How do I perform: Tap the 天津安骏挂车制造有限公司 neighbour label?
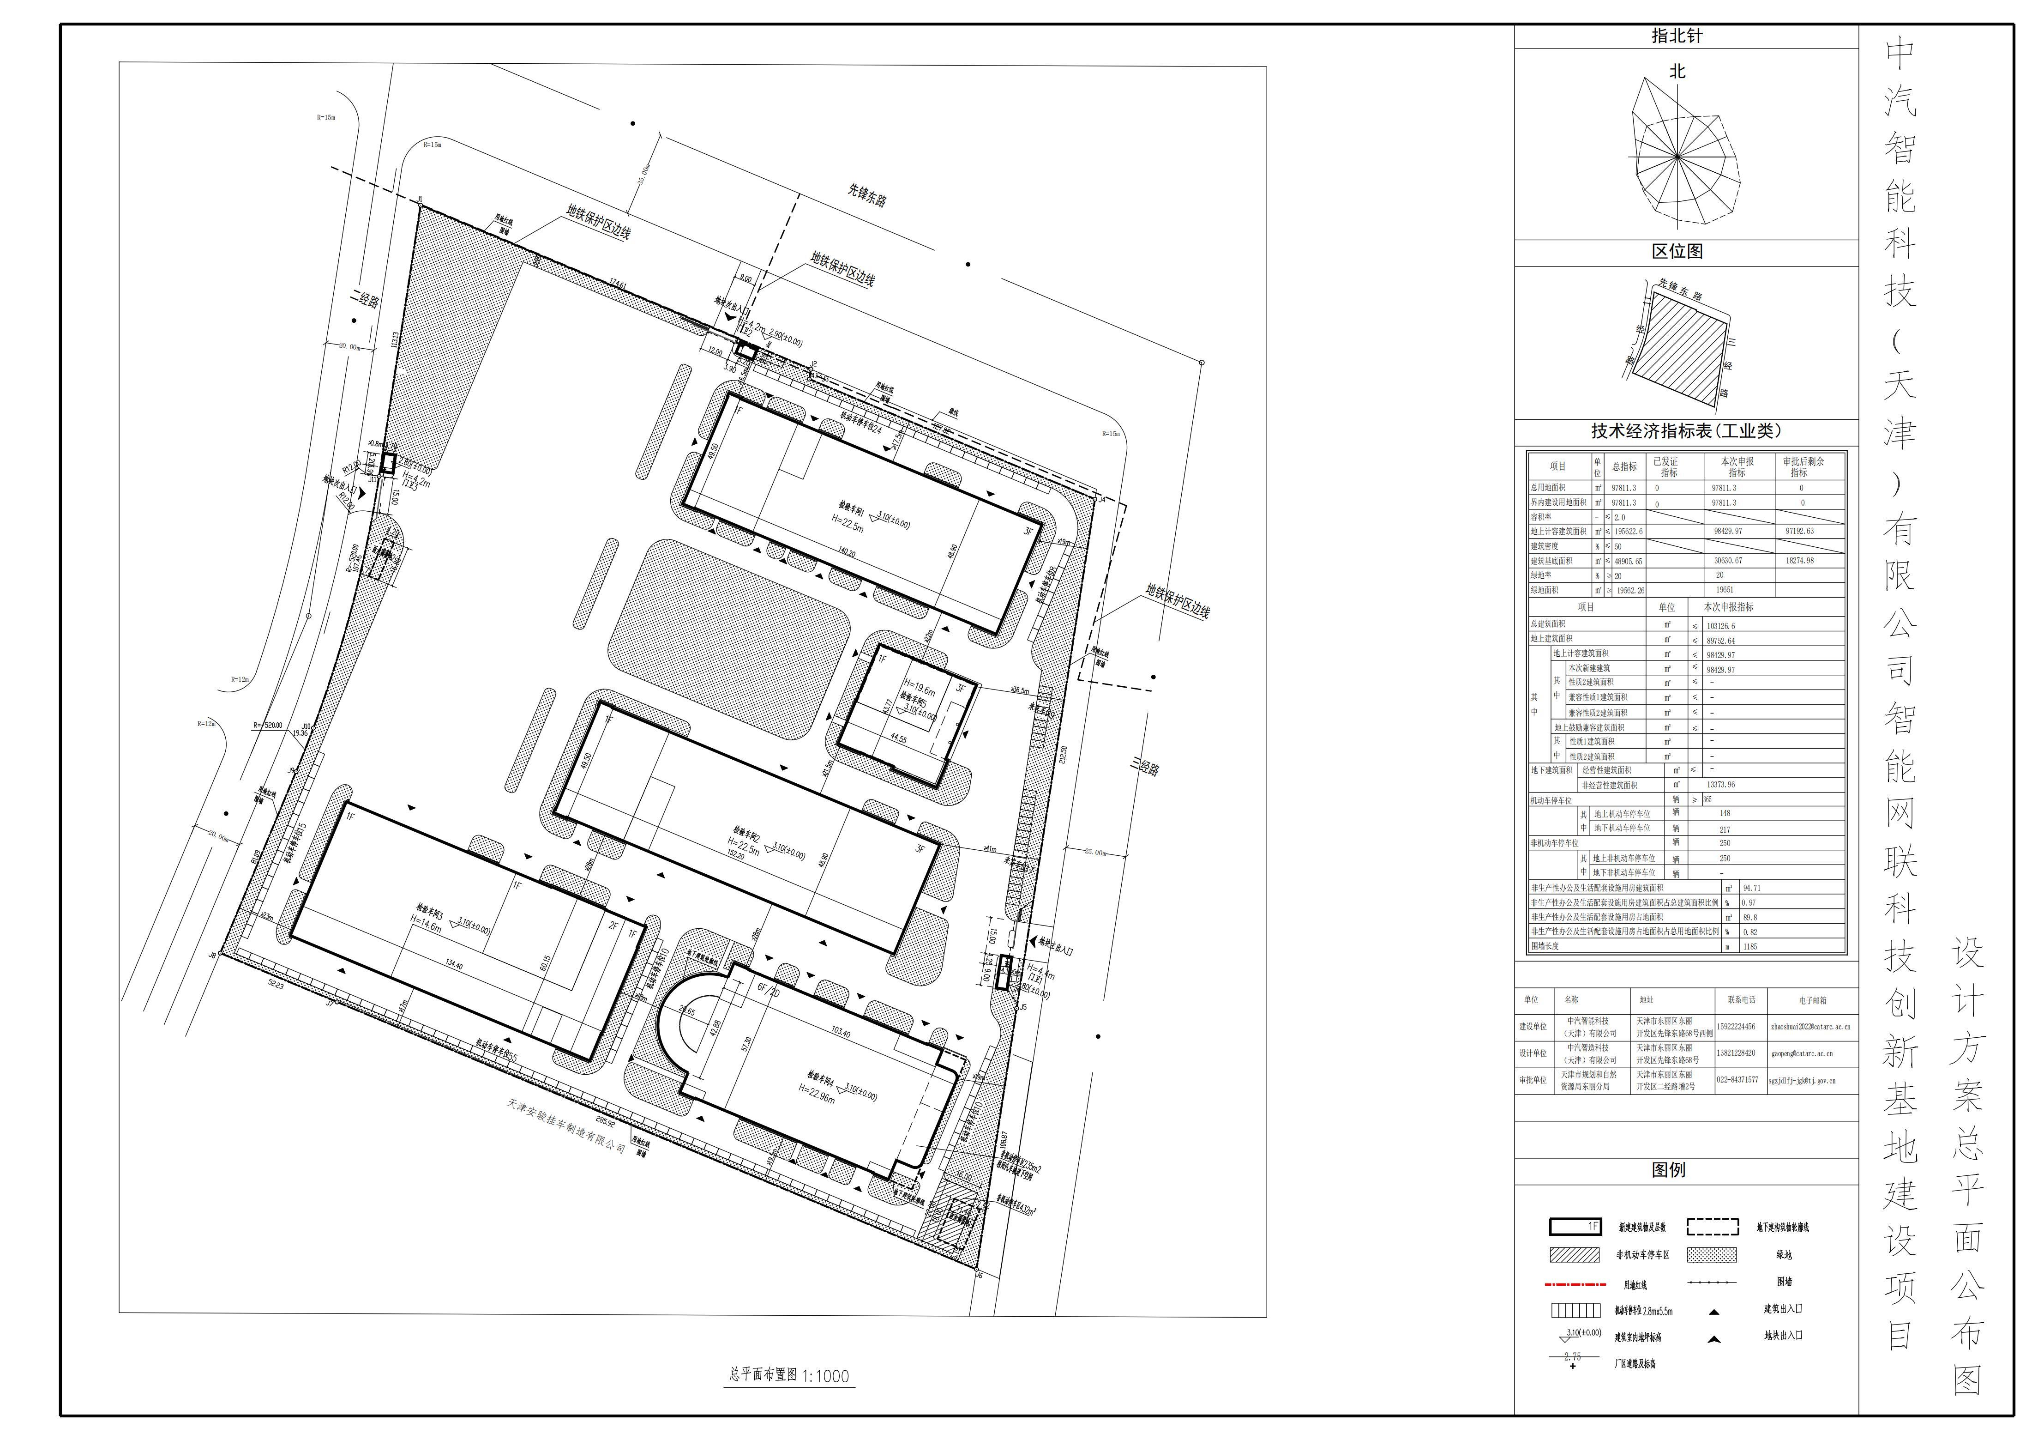566,1125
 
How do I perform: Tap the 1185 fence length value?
1749,946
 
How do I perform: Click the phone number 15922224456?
1735,1027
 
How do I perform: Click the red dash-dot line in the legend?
1575,1284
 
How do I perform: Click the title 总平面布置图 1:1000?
788,1376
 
